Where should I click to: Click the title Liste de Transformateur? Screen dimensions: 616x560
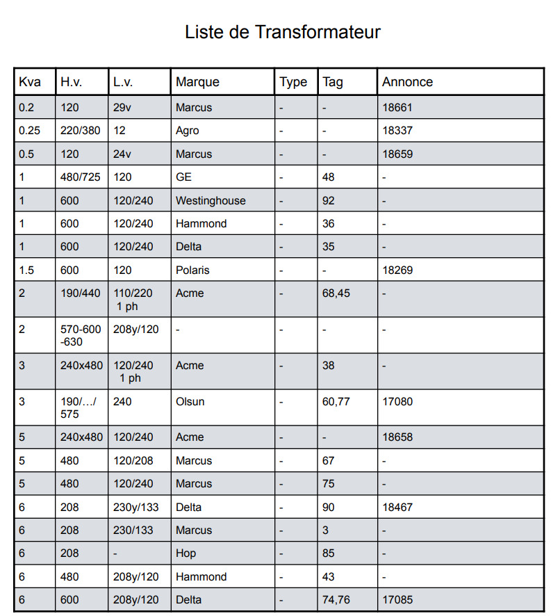[x=282, y=32]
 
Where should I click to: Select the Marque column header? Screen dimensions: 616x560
[x=197, y=82]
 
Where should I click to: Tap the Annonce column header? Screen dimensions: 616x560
[x=407, y=82]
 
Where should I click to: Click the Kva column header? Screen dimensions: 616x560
[x=30, y=82]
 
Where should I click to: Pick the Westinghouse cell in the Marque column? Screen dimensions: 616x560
[x=211, y=201]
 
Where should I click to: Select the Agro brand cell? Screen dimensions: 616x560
[x=188, y=131]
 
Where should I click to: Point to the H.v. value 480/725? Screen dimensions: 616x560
[x=81, y=177]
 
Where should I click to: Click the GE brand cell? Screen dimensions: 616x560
[x=183, y=177]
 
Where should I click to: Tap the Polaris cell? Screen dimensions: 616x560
[x=192, y=270]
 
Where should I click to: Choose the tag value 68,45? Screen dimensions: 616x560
[x=336, y=293]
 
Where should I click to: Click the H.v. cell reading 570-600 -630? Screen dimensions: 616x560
[x=81, y=335]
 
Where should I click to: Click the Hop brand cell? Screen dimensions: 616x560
[x=186, y=553]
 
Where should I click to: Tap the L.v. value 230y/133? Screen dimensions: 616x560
[x=136, y=507]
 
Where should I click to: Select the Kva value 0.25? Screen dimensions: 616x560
[x=30, y=131]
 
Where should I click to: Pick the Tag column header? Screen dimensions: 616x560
[x=333, y=82]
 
